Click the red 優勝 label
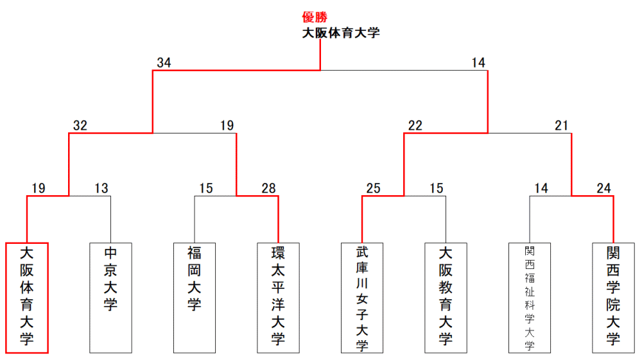(x=315, y=17)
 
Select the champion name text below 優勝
(x=341, y=33)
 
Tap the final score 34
(x=164, y=63)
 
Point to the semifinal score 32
(x=80, y=126)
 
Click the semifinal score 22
(x=415, y=126)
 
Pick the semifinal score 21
(x=562, y=126)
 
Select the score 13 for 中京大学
(x=101, y=188)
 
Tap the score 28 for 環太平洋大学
(x=268, y=188)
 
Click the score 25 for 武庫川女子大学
(x=374, y=188)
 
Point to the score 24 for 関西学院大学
(x=603, y=188)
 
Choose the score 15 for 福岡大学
(x=206, y=188)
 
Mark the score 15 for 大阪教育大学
(x=437, y=188)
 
